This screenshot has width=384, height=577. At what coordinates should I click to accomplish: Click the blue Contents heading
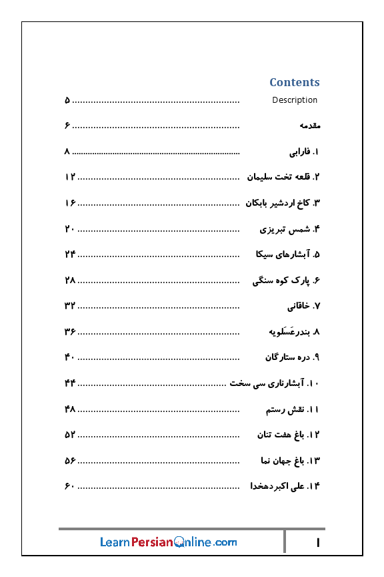[294, 82]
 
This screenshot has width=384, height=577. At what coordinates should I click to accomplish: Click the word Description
[295, 100]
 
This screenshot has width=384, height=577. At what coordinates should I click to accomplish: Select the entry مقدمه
[310, 126]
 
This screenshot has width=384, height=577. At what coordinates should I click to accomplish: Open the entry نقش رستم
[293, 409]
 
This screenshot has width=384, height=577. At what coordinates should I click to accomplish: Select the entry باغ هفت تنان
[289, 435]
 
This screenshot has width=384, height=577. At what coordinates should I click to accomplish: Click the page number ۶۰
[69, 486]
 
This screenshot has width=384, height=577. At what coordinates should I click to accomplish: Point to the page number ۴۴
[70, 383]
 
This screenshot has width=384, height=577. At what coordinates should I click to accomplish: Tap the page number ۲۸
[70, 280]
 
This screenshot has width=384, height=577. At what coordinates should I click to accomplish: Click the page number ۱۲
[70, 177]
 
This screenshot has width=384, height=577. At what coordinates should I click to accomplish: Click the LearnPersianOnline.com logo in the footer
[168, 542]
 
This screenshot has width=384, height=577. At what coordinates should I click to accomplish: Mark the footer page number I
[318, 543]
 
